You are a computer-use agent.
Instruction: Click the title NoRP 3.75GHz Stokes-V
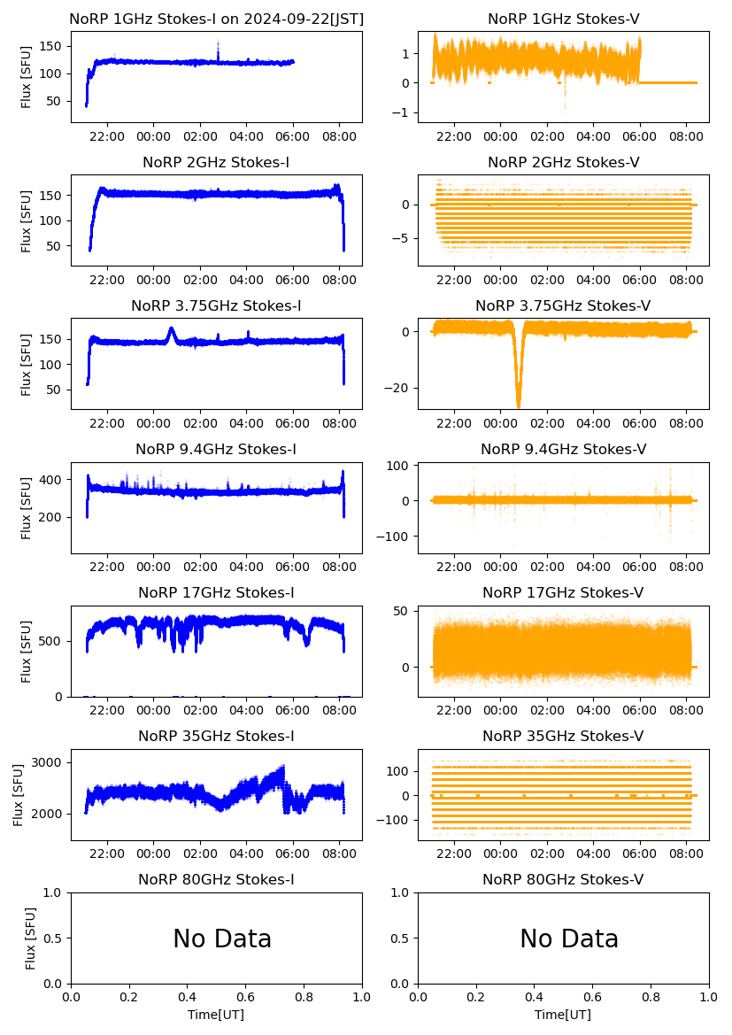[x=563, y=305]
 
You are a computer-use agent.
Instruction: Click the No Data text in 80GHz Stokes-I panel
[x=222, y=938]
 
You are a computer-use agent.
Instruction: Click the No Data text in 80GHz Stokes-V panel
[x=569, y=938]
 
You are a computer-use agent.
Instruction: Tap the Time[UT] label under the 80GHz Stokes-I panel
[x=216, y=1015]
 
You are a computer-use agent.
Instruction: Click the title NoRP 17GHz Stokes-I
[x=216, y=592]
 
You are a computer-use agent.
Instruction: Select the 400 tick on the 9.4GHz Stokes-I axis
[x=54, y=480]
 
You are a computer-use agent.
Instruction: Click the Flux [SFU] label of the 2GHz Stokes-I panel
[x=27, y=220]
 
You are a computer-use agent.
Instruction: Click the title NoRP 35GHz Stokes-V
[x=563, y=736]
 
